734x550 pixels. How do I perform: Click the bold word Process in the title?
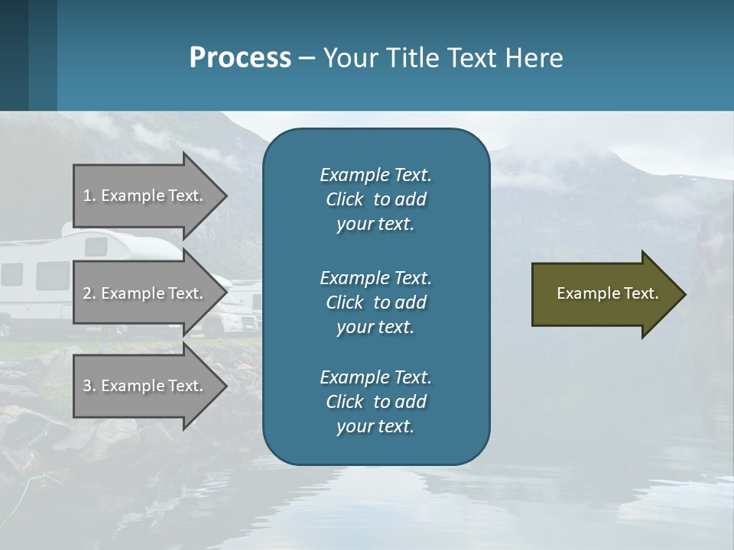[x=240, y=58]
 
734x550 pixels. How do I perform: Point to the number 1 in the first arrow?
[x=87, y=196]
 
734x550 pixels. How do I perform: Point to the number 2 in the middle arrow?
[x=87, y=293]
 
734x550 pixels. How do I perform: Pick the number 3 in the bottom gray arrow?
[x=87, y=386]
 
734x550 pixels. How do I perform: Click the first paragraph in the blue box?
[x=375, y=199]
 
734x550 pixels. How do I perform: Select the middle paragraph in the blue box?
[x=375, y=302]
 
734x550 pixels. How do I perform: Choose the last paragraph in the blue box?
[x=375, y=402]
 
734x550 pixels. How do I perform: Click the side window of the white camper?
[x=52, y=275]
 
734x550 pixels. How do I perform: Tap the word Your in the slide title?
[x=349, y=58]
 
